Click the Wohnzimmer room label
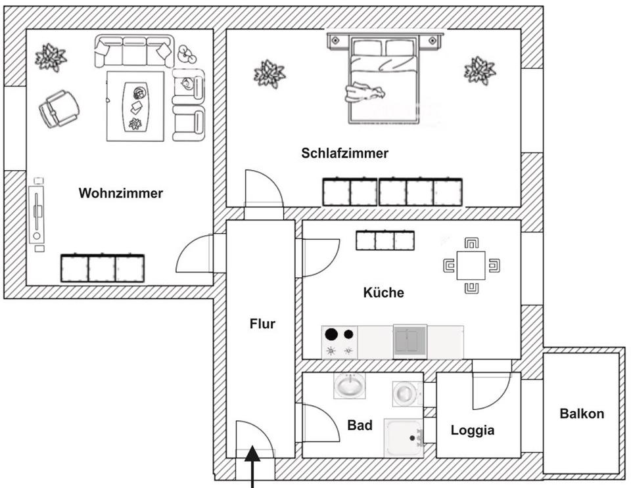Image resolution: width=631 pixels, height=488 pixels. [x=120, y=193]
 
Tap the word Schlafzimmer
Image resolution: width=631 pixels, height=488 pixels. [x=344, y=153]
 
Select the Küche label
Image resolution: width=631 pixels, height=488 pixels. [x=383, y=292]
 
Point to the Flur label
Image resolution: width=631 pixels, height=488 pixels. [x=262, y=323]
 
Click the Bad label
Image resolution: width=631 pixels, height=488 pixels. [x=360, y=426]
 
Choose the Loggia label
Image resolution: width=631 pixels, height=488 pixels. [x=472, y=430]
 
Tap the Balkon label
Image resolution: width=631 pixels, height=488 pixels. [x=581, y=414]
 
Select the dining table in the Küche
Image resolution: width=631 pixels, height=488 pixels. [x=471, y=265]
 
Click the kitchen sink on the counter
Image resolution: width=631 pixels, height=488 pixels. [x=409, y=342]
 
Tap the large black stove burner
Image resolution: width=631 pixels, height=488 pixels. [x=332, y=334]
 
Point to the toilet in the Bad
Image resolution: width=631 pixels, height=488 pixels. [x=404, y=393]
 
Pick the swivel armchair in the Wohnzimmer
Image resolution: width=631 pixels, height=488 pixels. [x=58, y=108]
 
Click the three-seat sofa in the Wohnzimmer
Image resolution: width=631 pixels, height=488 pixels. [x=133, y=51]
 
